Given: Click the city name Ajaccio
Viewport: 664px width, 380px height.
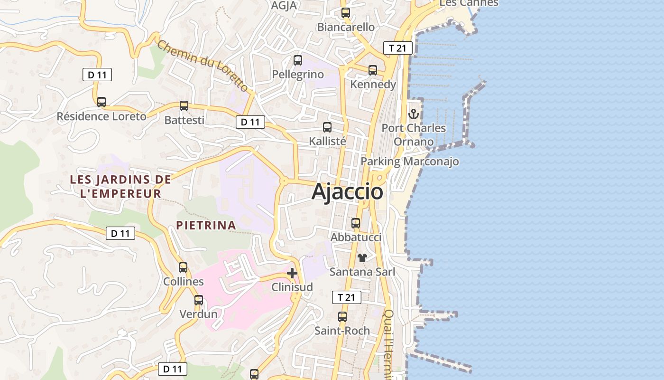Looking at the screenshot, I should [x=347, y=192].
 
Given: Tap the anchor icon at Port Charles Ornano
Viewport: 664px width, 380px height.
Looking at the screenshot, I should [x=414, y=114].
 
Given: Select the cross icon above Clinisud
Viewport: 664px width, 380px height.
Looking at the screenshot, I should [x=292, y=273].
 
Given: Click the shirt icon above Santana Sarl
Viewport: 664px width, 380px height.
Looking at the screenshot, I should [x=362, y=258].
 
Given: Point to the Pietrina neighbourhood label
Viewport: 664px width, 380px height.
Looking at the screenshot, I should [x=206, y=225].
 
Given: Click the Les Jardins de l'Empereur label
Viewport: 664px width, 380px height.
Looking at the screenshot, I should [x=120, y=187].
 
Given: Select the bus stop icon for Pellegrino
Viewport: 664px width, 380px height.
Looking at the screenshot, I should [x=298, y=60].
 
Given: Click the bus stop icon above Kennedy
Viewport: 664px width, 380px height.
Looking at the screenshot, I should [x=373, y=70].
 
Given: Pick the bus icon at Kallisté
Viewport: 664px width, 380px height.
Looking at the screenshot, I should [x=327, y=127].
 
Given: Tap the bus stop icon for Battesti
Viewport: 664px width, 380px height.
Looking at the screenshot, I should [x=184, y=106].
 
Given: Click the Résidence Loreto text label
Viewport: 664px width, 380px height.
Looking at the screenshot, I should [x=101, y=116].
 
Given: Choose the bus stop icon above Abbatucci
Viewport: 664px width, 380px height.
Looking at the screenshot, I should [x=356, y=223].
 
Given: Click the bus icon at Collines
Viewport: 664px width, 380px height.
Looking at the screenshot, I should [x=183, y=267].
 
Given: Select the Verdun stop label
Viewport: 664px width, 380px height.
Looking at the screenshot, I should [x=198, y=314].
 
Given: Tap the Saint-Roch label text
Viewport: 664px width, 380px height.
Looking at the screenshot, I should [x=342, y=331].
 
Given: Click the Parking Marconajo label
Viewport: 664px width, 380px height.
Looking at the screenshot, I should [x=410, y=161].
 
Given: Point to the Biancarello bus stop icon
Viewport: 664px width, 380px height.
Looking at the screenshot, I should [x=346, y=13].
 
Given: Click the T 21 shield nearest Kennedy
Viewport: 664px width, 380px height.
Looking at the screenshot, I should [x=397, y=48].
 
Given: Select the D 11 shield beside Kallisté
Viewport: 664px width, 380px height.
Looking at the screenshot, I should [x=250, y=122].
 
